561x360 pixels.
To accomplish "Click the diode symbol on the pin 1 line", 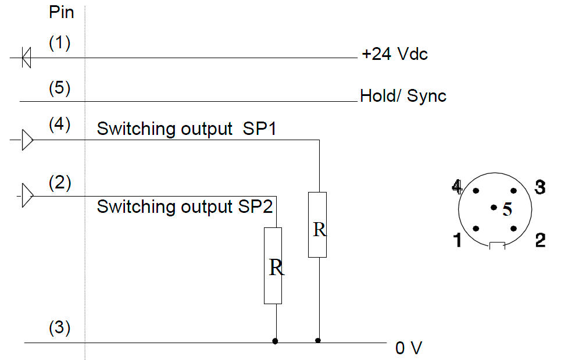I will tap(26, 58).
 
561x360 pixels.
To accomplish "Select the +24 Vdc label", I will tap(394, 55).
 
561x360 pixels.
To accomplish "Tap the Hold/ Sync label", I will tap(403, 96).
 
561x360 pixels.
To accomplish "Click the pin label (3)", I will tap(59, 328).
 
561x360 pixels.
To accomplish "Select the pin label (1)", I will tap(59, 44).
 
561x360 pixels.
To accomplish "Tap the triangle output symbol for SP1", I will tap(27, 140).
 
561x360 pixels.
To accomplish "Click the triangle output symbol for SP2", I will tap(27, 196).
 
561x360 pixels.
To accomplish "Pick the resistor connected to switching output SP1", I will tap(317, 224).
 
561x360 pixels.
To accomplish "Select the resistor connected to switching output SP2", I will tap(273, 266).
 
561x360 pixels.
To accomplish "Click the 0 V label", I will tap(409, 348).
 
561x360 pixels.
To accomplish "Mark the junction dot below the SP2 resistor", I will tap(274, 341).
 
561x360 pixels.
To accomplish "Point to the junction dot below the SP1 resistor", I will tap(318, 340).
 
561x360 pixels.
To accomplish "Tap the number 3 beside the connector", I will tap(539, 188).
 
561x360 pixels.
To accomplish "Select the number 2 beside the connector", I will tap(540, 240).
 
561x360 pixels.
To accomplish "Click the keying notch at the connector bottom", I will tap(497, 246).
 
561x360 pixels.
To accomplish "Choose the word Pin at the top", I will tap(61, 12).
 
